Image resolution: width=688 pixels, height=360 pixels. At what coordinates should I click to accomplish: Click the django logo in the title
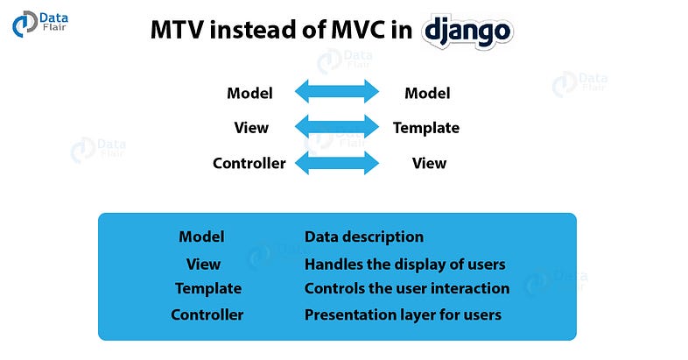[467, 32]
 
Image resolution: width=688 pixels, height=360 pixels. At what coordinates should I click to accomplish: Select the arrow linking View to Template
[337, 128]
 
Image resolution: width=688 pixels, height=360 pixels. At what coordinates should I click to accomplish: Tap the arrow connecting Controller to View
[337, 163]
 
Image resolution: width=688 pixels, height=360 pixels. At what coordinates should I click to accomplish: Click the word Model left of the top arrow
[249, 93]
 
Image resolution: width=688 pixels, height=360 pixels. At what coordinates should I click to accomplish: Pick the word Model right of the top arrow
[427, 93]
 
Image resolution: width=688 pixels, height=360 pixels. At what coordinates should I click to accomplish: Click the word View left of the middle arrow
[251, 128]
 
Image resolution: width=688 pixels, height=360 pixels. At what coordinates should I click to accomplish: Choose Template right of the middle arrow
[426, 128]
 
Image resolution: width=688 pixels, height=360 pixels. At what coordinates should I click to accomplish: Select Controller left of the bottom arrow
[249, 163]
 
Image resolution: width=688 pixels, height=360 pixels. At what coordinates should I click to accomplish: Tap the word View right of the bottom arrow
[429, 163]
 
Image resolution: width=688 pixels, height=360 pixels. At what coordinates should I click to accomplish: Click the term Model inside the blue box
[201, 236]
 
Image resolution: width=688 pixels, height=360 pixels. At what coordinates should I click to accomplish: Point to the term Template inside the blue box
[207, 288]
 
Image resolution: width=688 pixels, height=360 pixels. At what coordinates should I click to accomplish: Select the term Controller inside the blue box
[207, 314]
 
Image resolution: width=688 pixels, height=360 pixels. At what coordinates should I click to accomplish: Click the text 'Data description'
[363, 236]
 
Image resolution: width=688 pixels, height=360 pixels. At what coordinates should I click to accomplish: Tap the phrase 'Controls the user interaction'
[406, 288]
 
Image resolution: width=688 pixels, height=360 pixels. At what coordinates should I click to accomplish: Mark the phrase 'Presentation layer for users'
[403, 314]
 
